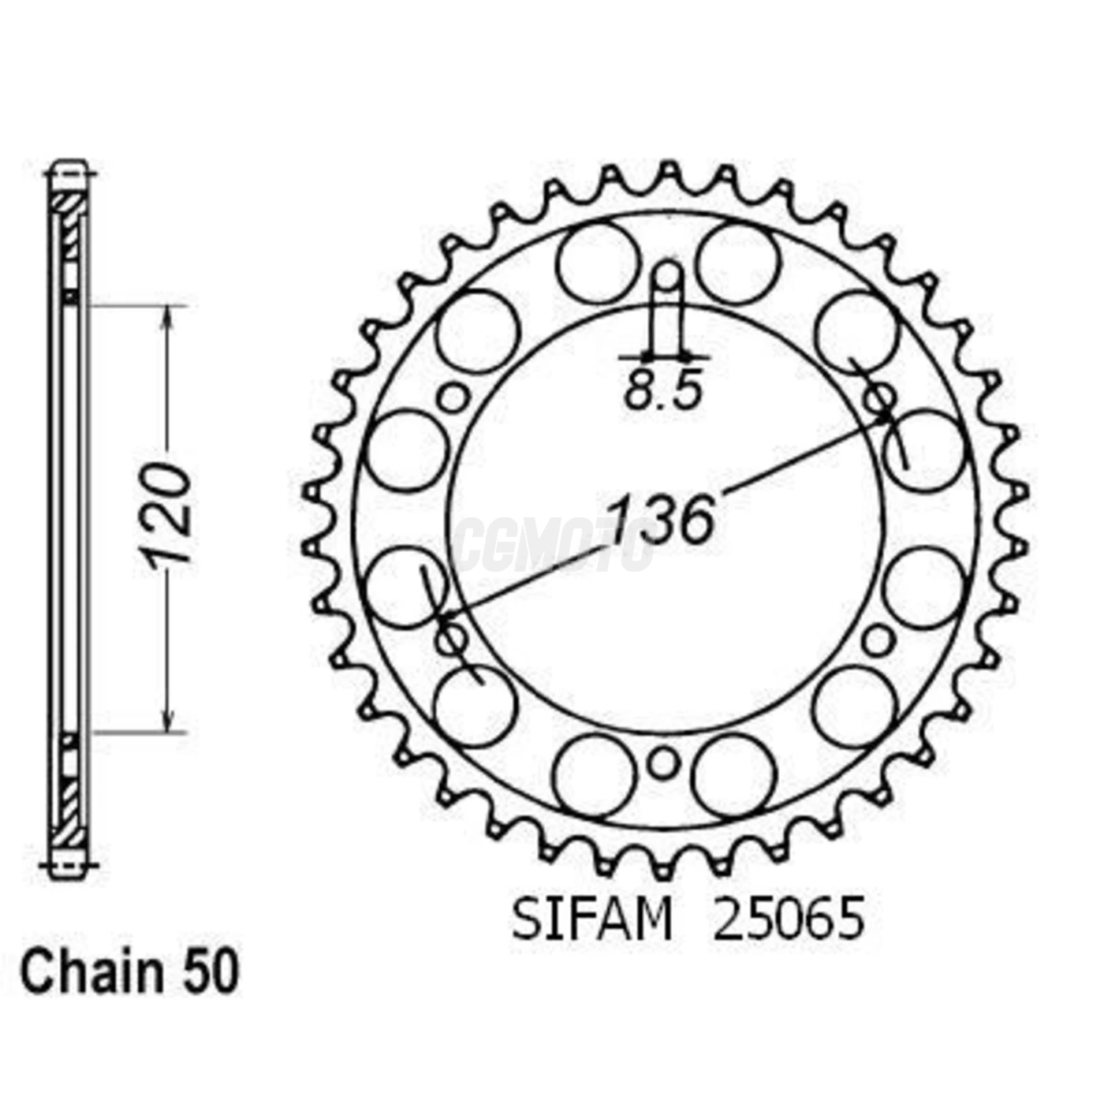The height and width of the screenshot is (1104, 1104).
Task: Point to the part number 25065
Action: (x=788, y=919)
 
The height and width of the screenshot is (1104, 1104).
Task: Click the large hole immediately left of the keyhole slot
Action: (x=596, y=263)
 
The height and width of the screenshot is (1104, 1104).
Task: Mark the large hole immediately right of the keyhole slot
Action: (x=738, y=263)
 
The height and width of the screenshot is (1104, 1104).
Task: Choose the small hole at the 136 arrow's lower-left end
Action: (x=451, y=637)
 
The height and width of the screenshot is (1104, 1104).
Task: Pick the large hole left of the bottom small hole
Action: (x=594, y=776)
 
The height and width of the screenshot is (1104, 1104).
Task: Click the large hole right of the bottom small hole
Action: (x=734, y=776)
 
